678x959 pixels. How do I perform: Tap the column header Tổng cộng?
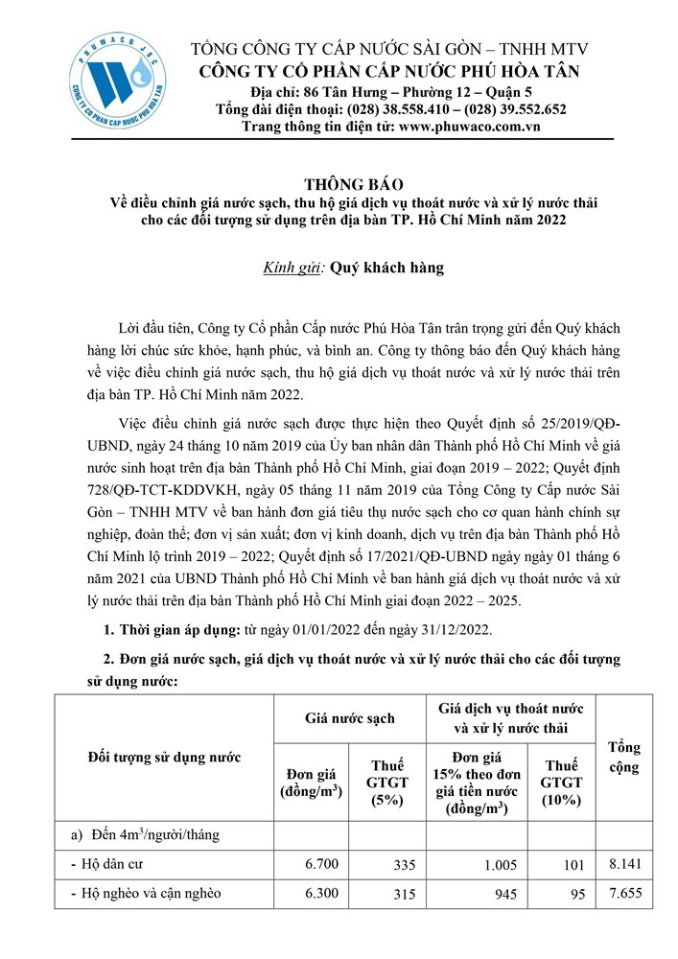(x=624, y=758)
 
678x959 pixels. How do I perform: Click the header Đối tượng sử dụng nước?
(x=163, y=758)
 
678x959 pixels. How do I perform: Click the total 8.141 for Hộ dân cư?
(x=624, y=865)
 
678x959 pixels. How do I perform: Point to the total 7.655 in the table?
(x=624, y=894)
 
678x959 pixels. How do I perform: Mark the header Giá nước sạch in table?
(x=349, y=716)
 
